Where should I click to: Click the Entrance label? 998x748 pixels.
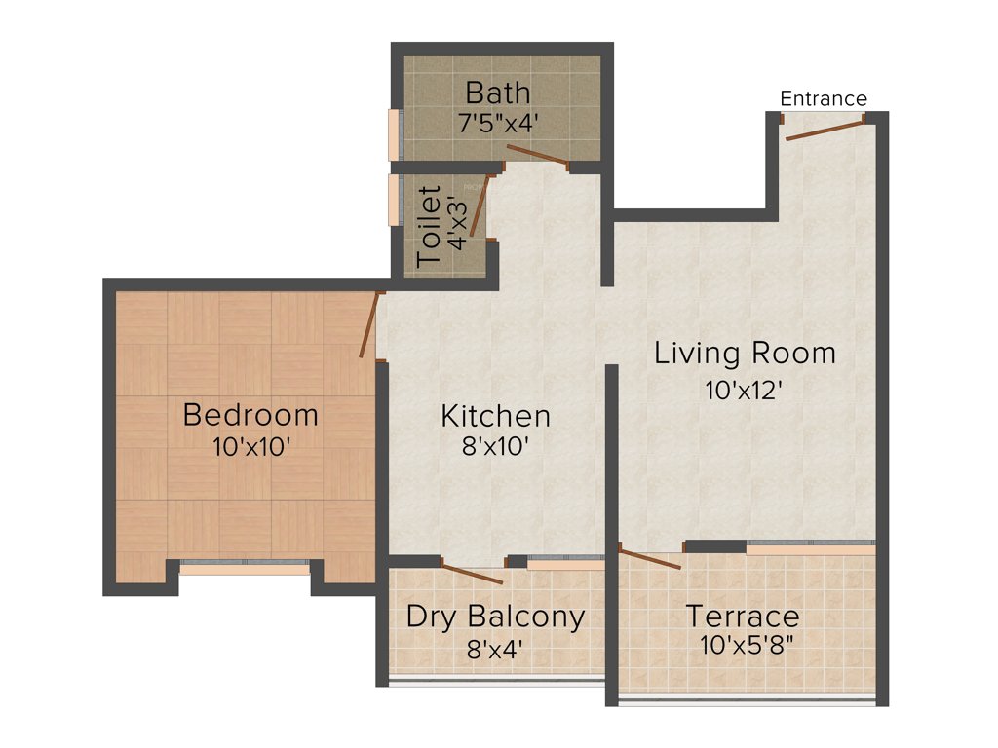click(x=824, y=98)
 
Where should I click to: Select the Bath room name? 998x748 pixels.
click(x=497, y=93)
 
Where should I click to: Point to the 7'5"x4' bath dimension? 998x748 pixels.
click(x=497, y=124)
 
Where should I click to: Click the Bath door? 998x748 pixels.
click(x=535, y=156)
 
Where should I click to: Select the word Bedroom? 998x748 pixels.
click(x=250, y=415)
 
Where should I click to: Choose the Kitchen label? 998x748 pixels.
click(x=495, y=417)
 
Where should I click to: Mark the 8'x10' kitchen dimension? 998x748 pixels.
click(x=495, y=447)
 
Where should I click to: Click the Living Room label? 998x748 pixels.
click(x=745, y=353)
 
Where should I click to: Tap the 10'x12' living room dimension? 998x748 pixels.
click(x=745, y=390)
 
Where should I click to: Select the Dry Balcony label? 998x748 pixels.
click(x=495, y=617)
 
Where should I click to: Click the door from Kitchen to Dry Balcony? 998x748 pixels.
click(x=473, y=572)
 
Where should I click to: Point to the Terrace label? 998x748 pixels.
click(x=742, y=617)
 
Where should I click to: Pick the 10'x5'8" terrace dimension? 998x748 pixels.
click(x=742, y=645)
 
